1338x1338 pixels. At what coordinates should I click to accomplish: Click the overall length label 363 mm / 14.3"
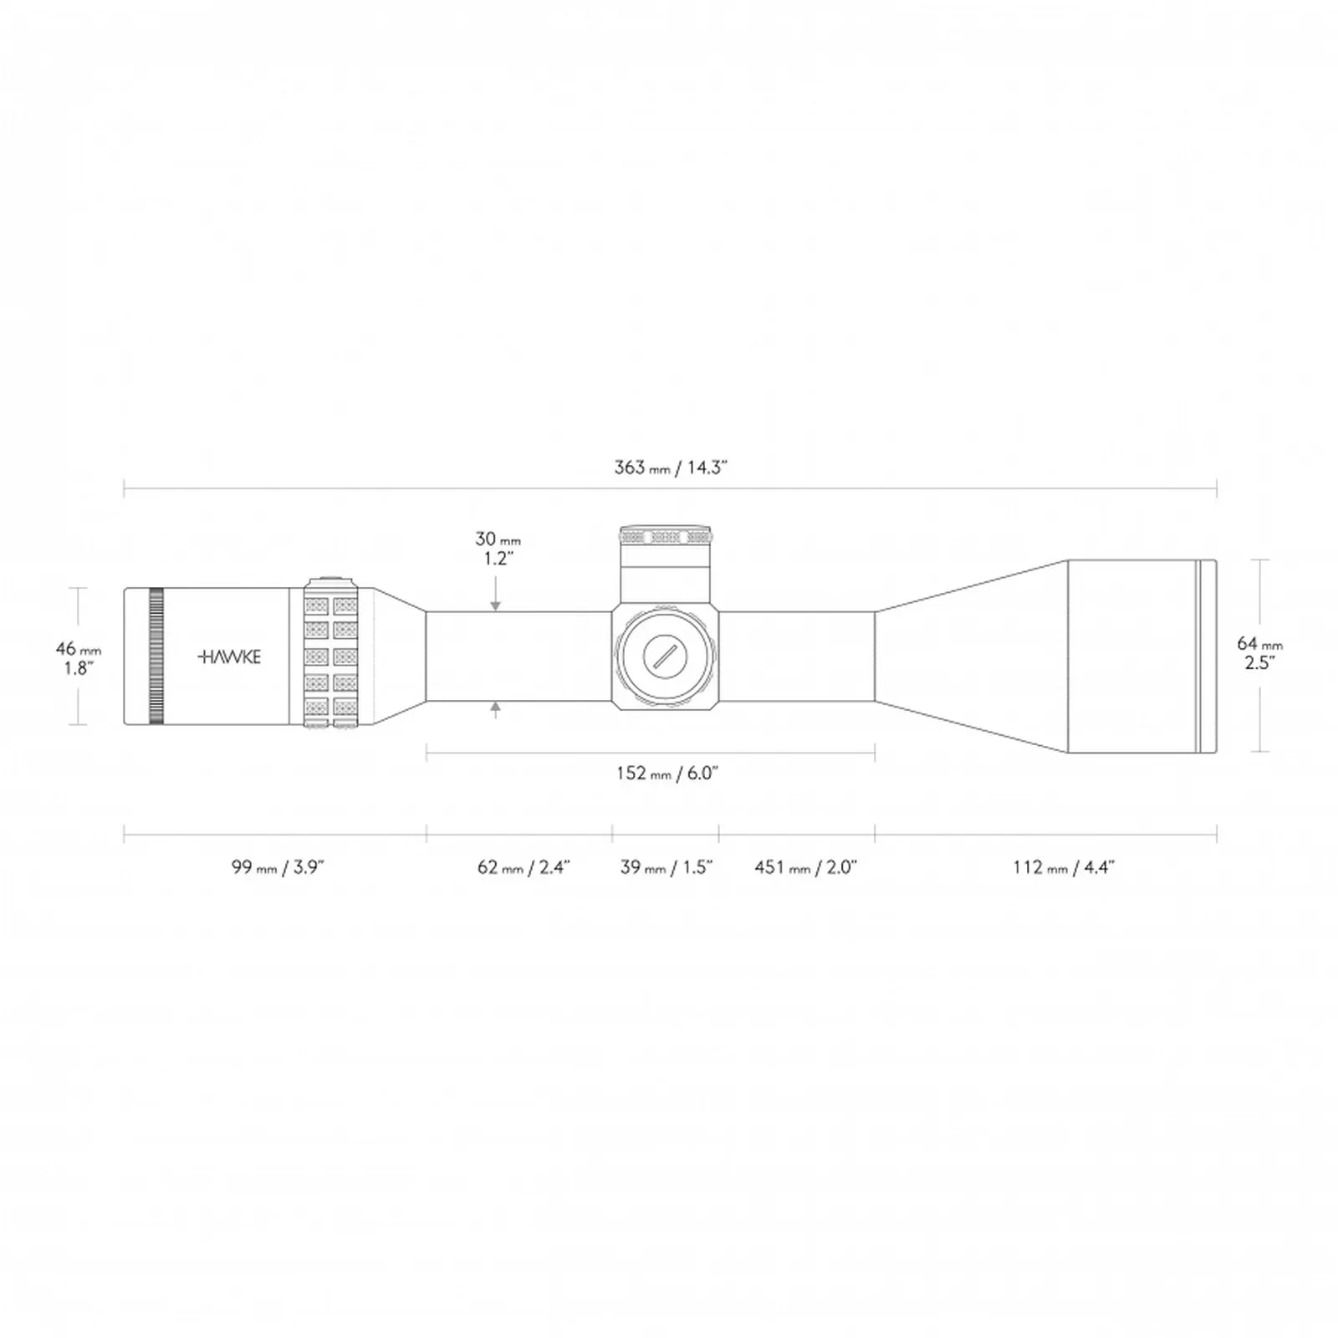[x=671, y=467]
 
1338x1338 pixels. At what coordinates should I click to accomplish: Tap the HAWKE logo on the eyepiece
[x=229, y=656]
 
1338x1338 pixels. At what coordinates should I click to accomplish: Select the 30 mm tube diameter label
[x=498, y=549]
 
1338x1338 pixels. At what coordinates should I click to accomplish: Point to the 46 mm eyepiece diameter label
[x=79, y=657]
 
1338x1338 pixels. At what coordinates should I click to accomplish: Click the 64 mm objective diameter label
[x=1259, y=652]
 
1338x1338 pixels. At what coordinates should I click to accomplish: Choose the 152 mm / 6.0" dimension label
[x=667, y=774]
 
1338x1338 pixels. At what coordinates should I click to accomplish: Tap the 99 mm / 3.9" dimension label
[x=278, y=867]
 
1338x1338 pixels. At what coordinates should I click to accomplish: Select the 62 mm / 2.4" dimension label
[x=523, y=867]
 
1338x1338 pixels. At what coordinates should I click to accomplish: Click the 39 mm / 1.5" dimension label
[x=666, y=867]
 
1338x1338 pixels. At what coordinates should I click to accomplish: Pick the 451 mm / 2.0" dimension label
[x=806, y=867]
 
